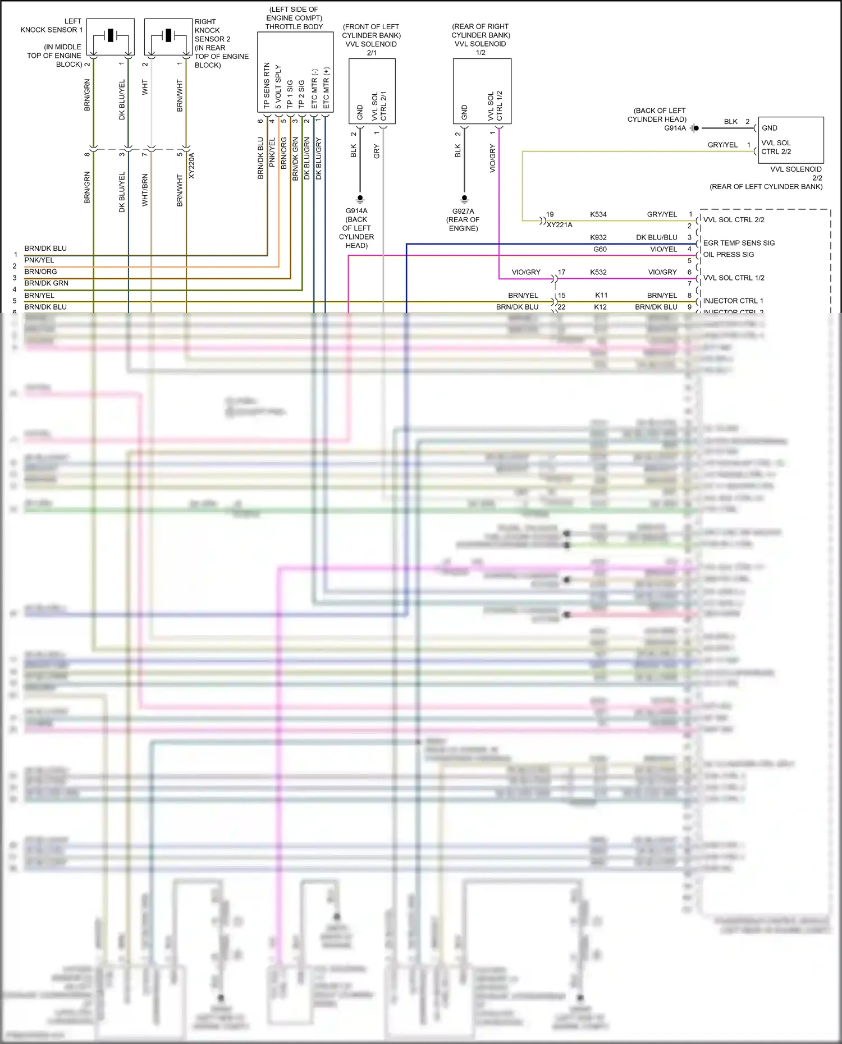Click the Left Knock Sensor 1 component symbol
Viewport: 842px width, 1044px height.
pos(111,36)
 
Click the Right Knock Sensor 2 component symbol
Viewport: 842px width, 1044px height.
pos(168,36)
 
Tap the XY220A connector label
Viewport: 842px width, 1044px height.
pos(191,165)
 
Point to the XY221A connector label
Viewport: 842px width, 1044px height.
pos(559,225)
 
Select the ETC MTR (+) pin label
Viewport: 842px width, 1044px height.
pos(326,88)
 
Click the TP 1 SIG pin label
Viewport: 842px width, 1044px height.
pos(290,94)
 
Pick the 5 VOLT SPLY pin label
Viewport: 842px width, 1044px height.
pos(278,87)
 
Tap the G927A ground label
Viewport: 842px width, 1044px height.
pos(463,211)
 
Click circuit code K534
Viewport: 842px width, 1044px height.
pos(598,214)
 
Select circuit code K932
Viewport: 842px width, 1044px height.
pos(598,237)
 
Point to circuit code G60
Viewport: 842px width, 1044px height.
pos(600,249)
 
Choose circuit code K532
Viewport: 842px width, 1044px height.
pos(598,272)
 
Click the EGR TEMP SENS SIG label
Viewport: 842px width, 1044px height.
pos(739,243)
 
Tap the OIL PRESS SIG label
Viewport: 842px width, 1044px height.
pos(729,255)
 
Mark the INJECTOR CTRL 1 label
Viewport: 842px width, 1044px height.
pos(733,301)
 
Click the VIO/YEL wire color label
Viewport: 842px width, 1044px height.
pos(663,249)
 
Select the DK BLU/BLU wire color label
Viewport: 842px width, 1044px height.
pos(656,237)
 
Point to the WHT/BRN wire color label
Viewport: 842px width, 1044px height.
pos(145,190)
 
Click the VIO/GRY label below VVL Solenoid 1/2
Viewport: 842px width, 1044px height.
pos(493,158)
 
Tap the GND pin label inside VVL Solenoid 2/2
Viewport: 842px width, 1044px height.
pos(770,128)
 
